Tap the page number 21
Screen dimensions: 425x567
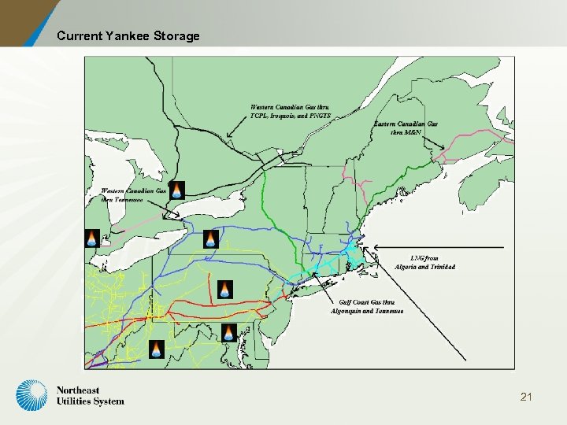click(x=526, y=397)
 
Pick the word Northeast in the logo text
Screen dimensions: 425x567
click(x=78, y=390)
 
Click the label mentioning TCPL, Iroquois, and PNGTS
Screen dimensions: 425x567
click(x=291, y=111)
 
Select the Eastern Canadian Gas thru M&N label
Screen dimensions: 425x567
click(x=406, y=128)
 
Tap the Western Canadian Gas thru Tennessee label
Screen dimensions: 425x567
click(x=132, y=195)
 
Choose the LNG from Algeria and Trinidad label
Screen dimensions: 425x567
click(x=425, y=262)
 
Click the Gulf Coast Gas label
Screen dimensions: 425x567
click(x=366, y=306)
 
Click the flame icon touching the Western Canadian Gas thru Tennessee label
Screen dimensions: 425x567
click(x=176, y=190)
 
